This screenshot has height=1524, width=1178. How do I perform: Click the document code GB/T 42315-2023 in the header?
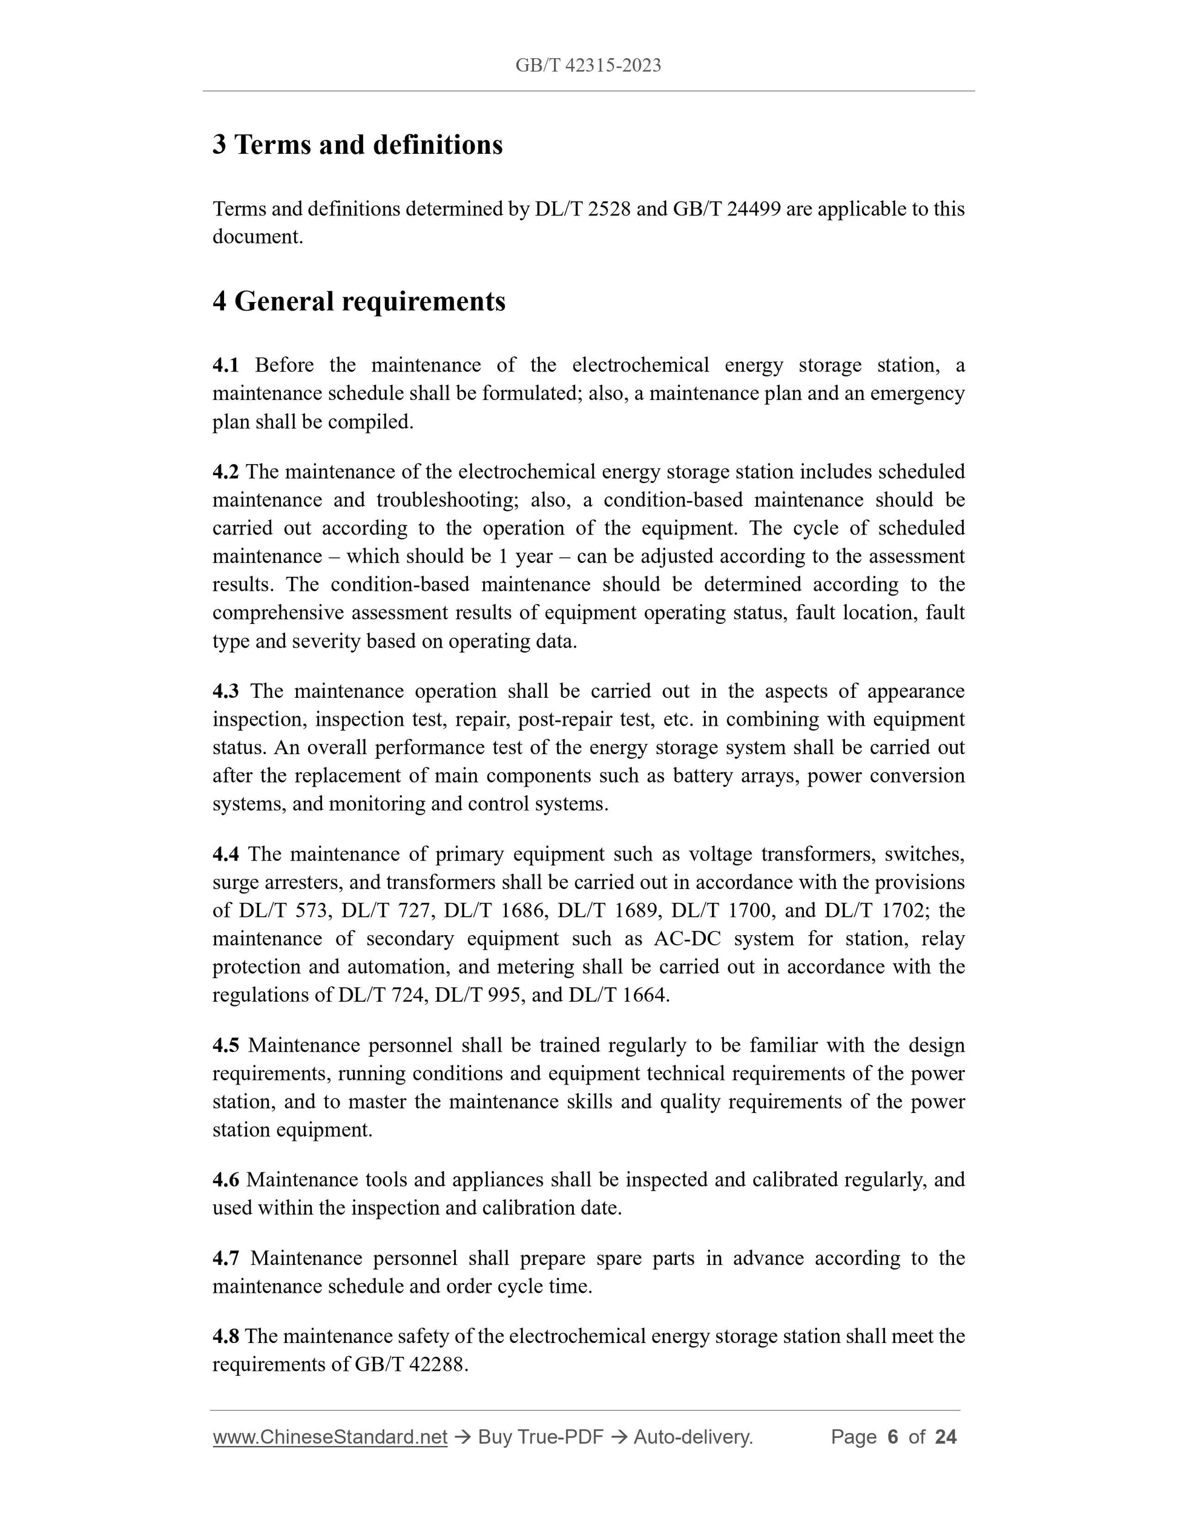(588, 65)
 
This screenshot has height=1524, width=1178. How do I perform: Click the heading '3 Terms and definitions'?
(357, 145)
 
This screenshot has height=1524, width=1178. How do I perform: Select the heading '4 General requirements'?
(359, 301)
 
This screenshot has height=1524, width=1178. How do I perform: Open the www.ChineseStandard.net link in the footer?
(329, 1437)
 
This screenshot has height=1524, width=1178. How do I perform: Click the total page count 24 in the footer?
(946, 1437)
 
